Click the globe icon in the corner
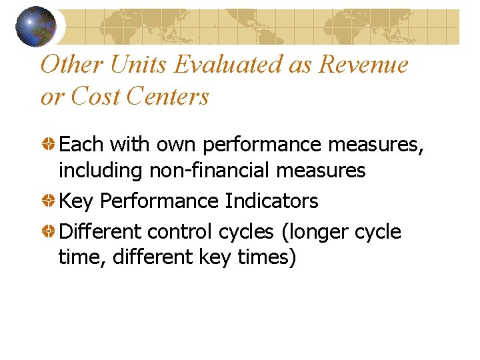[x=35, y=26]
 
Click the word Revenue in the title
[x=363, y=65]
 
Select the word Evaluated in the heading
[x=243, y=65]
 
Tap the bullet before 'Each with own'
[x=49, y=143]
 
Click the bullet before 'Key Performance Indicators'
[x=49, y=201]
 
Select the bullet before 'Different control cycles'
[x=49, y=232]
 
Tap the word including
[x=101, y=171]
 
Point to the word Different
[x=101, y=231]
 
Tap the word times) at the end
[x=263, y=257]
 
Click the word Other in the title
[x=69, y=65]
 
